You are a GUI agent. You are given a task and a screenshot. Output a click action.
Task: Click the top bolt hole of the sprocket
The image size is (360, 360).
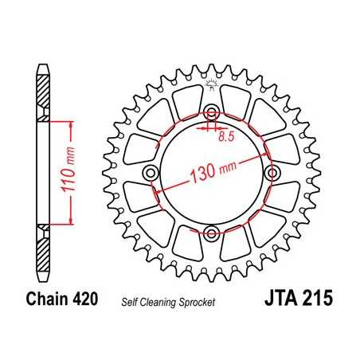[x=212, y=111]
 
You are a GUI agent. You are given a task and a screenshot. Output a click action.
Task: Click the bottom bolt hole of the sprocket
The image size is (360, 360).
[x=212, y=233]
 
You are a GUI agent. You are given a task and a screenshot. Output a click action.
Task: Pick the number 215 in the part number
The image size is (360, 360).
[x=317, y=300]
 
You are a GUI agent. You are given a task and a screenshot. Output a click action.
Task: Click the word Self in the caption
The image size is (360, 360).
[x=129, y=302]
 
